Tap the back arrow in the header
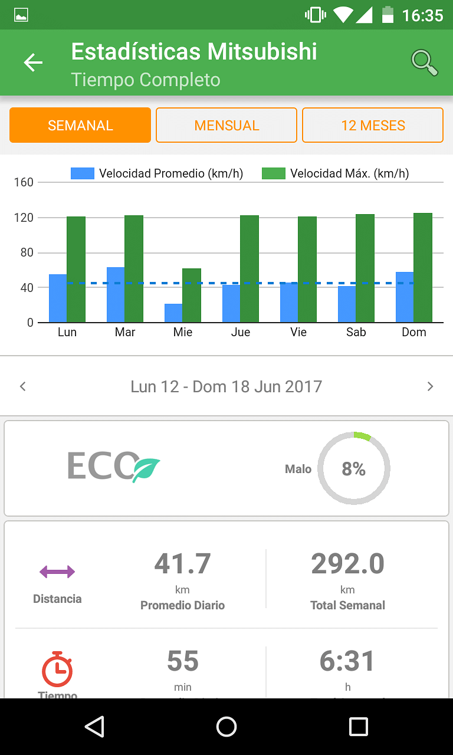pos(33,63)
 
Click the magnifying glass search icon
pos(424,63)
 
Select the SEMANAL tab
pos(80,125)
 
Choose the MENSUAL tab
pos(226,125)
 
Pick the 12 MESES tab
pos(373,125)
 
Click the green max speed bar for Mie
pos(192,296)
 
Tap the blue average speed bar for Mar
pos(116,295)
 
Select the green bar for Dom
pos(423,268)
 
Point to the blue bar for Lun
pos(58,298)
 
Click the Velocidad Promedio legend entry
pos(157,173)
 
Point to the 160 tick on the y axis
pos(24,182)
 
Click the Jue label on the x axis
pos(241,332)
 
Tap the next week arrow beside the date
pos(430,386)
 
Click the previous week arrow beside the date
pos(23,386)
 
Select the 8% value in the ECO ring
pos(354,469)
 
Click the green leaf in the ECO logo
pos(146,470)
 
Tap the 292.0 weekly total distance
pos(347,564)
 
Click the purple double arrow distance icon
pos(57,572)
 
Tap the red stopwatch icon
pos(57,669)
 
